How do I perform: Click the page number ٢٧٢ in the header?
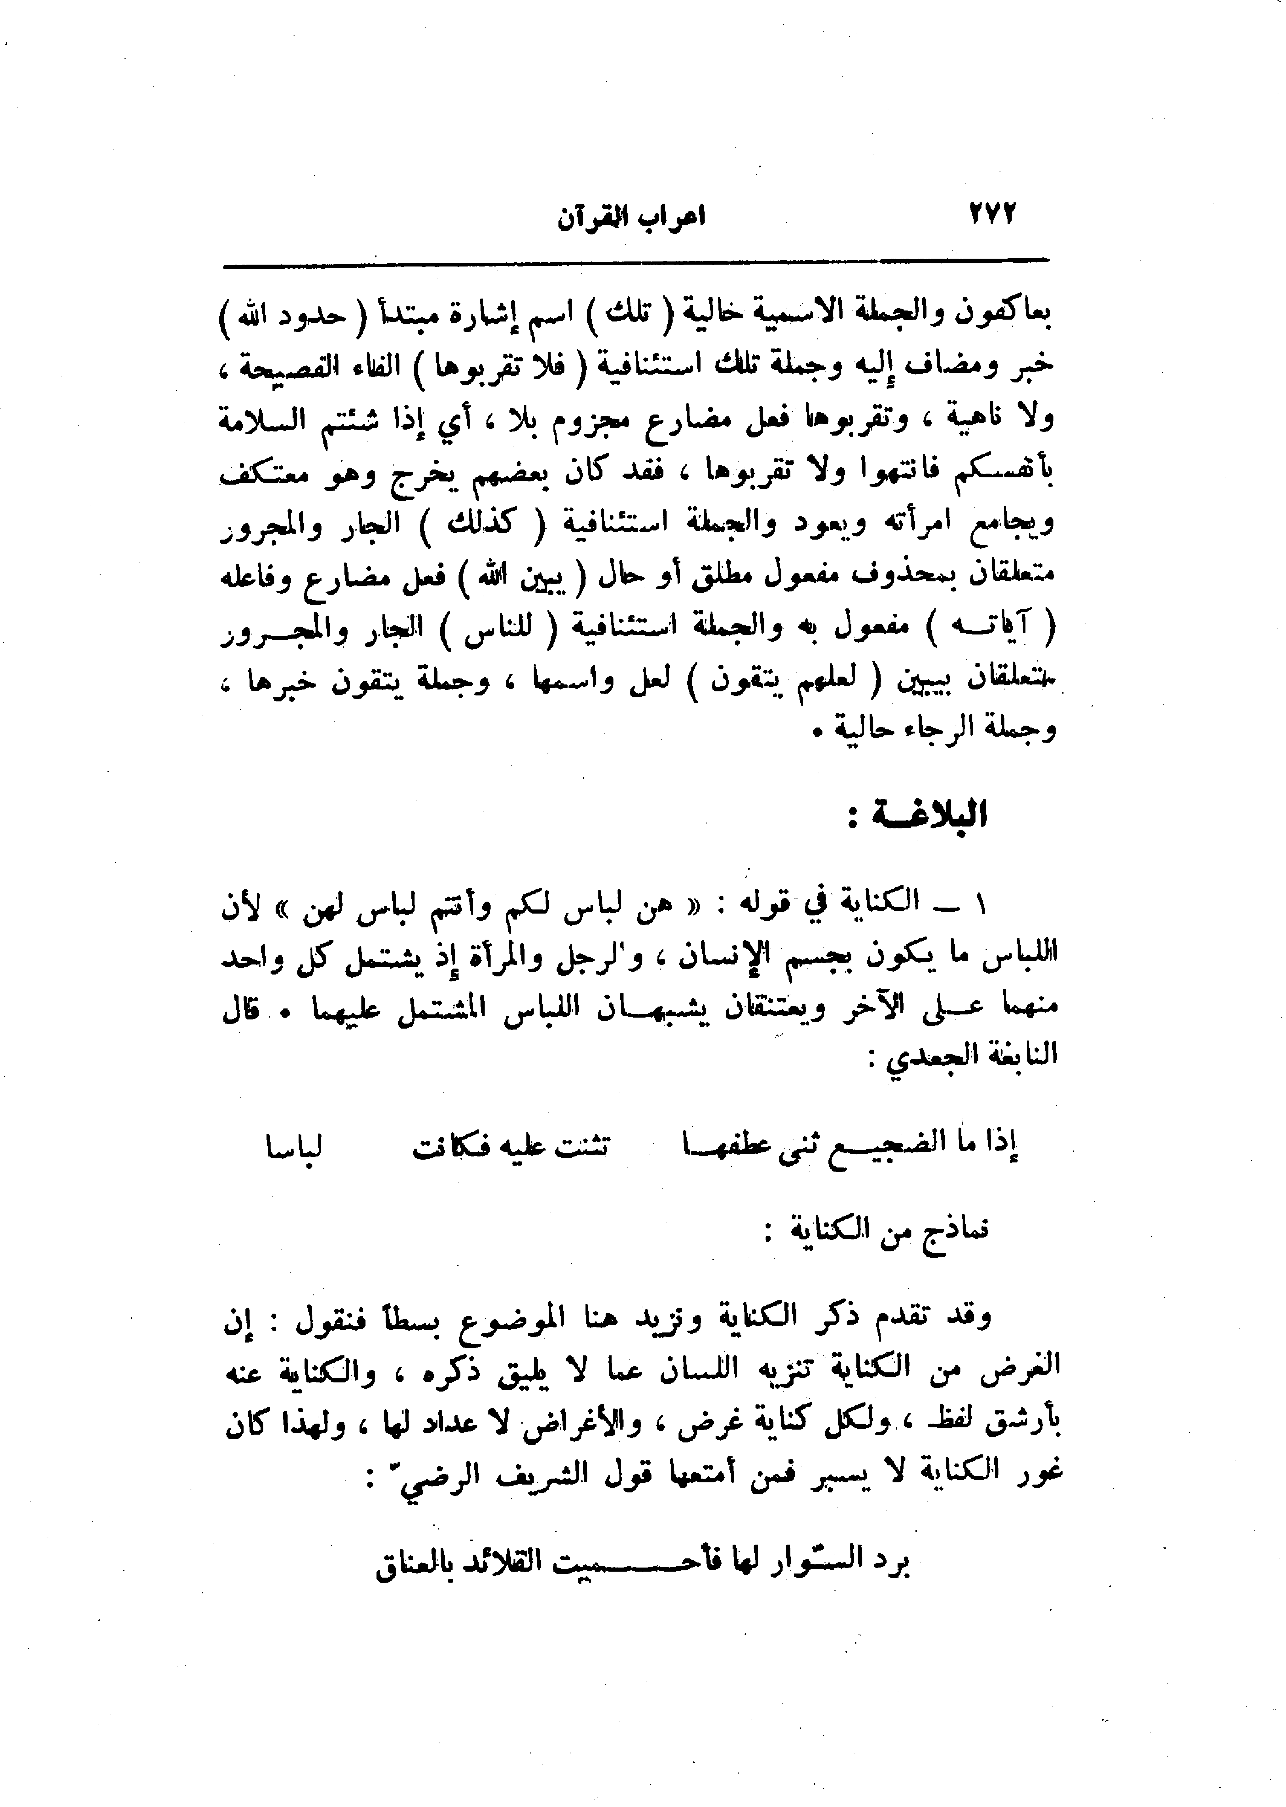point(991,215)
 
